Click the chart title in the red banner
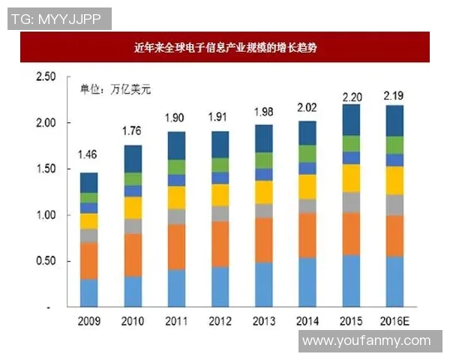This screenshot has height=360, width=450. (225, 47)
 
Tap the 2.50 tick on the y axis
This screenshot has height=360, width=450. (46, 77)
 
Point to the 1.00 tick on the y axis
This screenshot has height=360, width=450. (46, 215)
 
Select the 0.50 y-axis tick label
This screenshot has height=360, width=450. (46, 261)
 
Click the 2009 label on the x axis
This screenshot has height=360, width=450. (89, 321)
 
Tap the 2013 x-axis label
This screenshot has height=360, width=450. (264, 321)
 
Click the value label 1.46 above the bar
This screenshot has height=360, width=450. (88, 157)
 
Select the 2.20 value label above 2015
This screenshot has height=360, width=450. (352, 97)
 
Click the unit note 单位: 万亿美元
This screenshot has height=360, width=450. (115, 90)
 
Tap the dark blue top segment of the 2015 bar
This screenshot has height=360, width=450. (352, 120)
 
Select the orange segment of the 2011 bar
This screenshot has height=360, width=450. (176, 247)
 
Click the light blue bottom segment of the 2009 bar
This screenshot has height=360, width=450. (89, 292)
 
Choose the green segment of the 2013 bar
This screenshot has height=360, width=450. (264, 160)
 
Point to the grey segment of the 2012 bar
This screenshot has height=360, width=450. (220, 213)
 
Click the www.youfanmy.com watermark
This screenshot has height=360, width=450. (367, 341)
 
